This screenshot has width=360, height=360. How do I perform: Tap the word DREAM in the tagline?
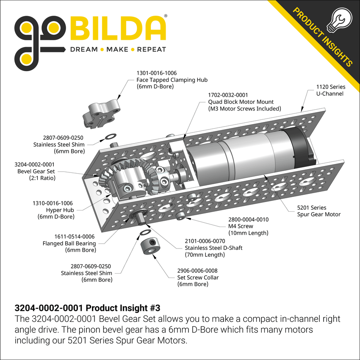pyautogui.click(x=83, y=50)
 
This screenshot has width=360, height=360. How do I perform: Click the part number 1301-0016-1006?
pyautogui.click(x=156, y=73)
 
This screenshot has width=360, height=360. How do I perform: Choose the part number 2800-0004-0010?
pyautogui.click(x=248, y=219)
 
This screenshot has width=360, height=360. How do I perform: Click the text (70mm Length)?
pyautogui.click(x=205, y=255)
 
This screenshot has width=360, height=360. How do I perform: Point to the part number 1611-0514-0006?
pyautogui.click(x=69, y=236)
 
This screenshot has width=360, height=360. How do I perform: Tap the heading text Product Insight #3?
pyautogui.click(x=116, y=307)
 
